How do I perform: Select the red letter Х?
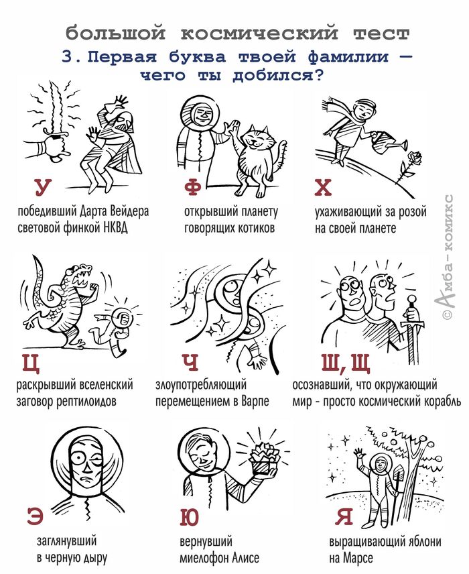coord(323,187)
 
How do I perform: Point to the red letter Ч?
coord(190,362)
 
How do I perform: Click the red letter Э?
coord(35,516)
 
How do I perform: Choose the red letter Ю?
coord(190,517)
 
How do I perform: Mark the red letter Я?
coord(344,516)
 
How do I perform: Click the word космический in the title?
coord(259,34)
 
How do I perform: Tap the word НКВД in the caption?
coord(116,228)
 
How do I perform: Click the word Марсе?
coord(358,558)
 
